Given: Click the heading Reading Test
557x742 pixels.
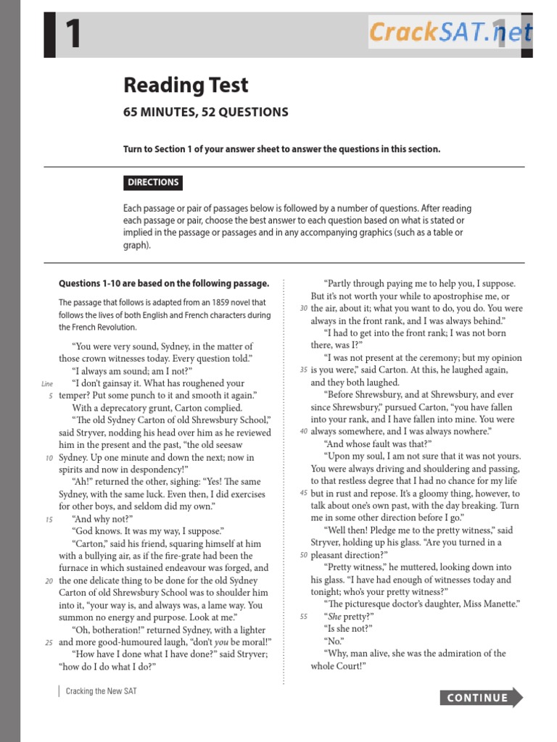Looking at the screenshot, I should (x=186, y=86).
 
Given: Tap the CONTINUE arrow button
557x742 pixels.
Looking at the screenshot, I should (x=481, y=698).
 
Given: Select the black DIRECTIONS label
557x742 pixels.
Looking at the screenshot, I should (x=153, y=183).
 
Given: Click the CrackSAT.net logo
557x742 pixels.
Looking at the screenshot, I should (x=451, y=33).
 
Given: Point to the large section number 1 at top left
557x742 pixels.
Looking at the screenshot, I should (x=73, y=35).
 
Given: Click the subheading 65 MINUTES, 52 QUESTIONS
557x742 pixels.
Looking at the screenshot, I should (x=205, y=112).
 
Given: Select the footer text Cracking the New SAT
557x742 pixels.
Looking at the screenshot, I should (x=101, y=691).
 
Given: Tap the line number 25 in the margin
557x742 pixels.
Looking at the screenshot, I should (x=49, y=642).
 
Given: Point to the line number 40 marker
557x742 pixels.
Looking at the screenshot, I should (x=302, y=431).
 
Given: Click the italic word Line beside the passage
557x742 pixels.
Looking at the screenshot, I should (x=48, y=383).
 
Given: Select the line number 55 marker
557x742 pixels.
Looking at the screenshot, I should (x=302, y=616).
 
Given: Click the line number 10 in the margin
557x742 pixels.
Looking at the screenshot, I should (x=49, y=457).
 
